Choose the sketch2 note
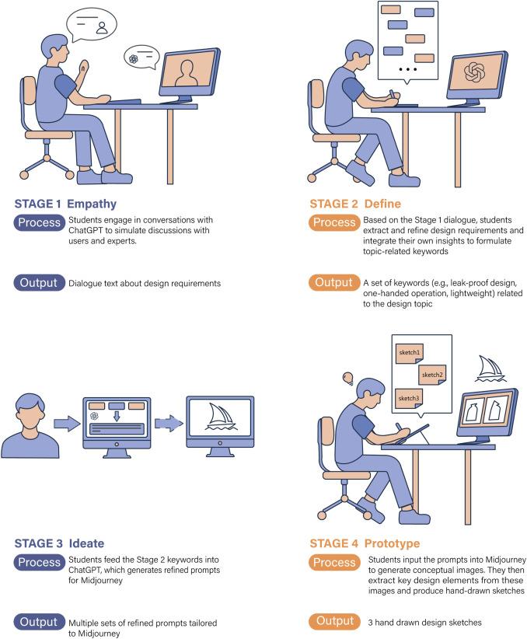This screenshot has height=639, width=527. pyautogui.click(x=431, y=375)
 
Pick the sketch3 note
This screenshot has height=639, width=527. pyautogui.click(x=408, y=399)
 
